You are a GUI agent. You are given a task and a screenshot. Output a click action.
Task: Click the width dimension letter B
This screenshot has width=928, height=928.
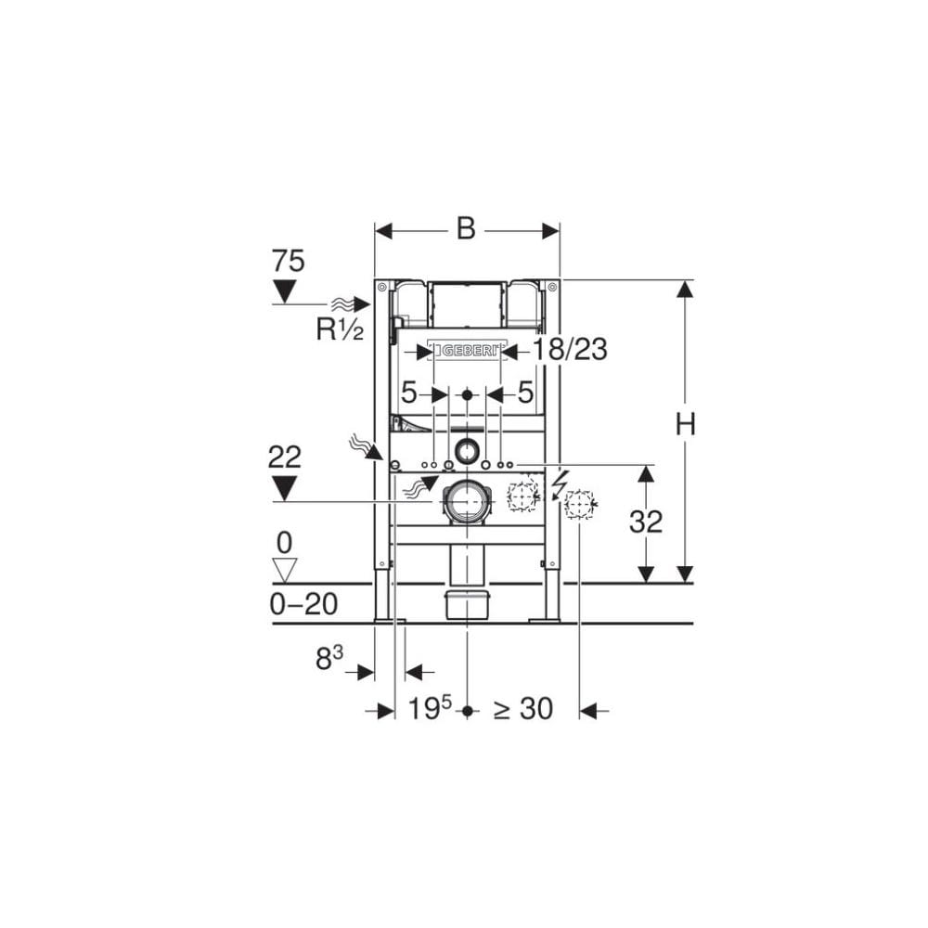466,229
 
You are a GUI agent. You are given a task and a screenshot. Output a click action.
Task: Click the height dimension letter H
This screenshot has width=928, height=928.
685,424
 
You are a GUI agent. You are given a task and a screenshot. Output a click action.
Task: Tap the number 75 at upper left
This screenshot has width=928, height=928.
288,262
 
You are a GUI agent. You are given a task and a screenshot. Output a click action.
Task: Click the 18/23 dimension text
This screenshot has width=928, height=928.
570,350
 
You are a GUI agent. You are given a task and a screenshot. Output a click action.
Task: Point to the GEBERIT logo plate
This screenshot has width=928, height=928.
467,350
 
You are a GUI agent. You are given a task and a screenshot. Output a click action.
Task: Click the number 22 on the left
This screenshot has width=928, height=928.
284,457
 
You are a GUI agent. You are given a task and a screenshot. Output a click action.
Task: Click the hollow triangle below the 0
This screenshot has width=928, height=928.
283,569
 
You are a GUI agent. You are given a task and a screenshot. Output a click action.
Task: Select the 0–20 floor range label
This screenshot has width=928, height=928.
303,604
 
